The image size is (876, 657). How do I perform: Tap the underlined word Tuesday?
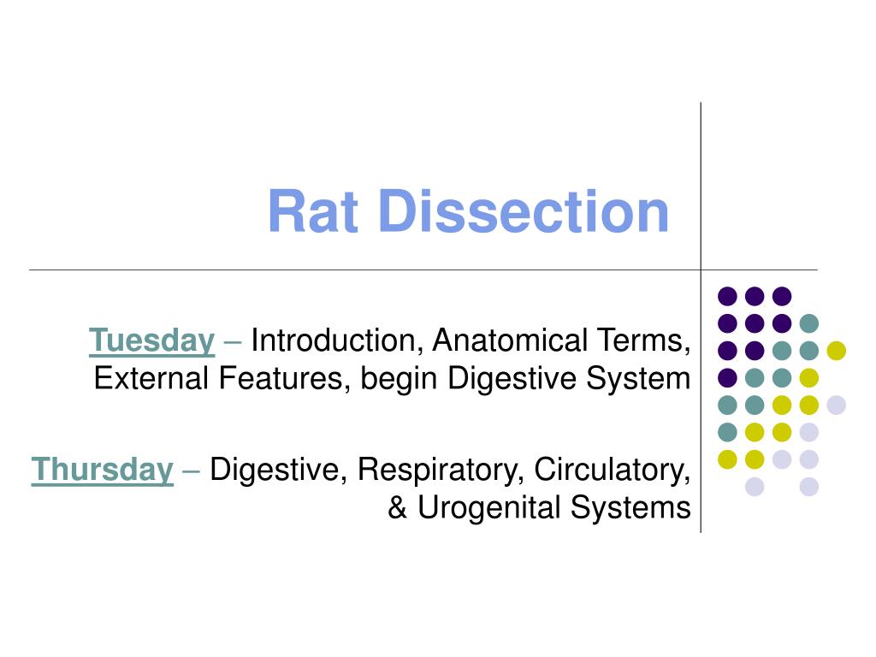pos(151,340)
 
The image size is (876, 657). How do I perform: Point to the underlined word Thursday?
pos(102,470)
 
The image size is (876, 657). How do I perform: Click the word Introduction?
pos(333,340)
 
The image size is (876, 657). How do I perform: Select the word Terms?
pos(654,340)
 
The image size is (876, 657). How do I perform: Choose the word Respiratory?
pos(433,471)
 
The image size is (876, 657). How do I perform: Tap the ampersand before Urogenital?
pos(398,508)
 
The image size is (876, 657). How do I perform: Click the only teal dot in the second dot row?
pos(808,323)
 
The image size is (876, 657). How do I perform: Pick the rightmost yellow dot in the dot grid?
pos(836,350)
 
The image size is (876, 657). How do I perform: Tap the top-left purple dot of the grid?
pos(727,296)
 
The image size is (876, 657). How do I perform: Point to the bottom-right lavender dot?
pos(808,487)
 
